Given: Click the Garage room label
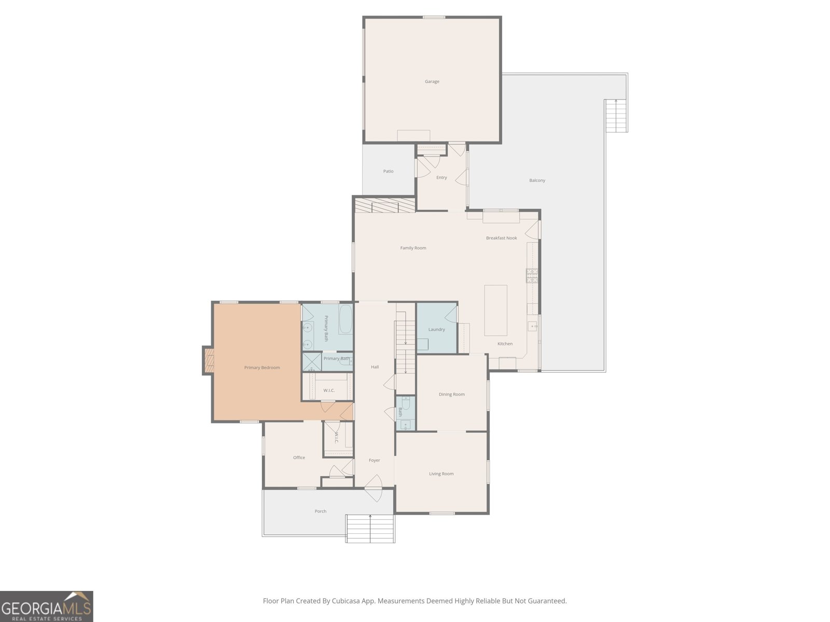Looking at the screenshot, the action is pyautogui.click(x=432, y=81).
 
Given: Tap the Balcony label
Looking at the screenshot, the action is pyautogui.click(x=537, y=180).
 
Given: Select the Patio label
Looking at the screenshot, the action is pyautogui.click(x=389, y=171).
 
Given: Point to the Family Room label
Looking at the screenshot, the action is pyautogui.click(x=413, y=248).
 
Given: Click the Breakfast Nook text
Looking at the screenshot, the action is pyautogui.click(x=502, y=238).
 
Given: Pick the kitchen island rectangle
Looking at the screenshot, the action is pyautogui.click(x=496, y=310).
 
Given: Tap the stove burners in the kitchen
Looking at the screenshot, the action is pyautogui.click(x=532, y=276).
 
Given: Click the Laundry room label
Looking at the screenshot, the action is pyautogui.click(x=436, y=329).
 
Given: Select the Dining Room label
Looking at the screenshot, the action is pyautogui.click(x=451, y=394).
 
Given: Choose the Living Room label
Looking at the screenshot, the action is pyautogui.click(x=441, y=474).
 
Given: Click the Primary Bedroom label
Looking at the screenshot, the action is pyautogui.click(x=262, y=367).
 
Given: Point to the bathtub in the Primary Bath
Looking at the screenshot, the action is pyautogui.click(x=345, y=319).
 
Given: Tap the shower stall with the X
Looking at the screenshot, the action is pyautogui.click(x=312, y=361).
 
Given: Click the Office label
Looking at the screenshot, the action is pyautogui.click(x=299, y=457).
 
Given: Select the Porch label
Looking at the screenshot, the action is pyautogui.click(x=320, y=511).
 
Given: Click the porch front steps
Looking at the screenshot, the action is pyautogui.click(x=370, y=528).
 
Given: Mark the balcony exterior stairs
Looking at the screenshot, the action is pyautogui.click(x=616, y=116).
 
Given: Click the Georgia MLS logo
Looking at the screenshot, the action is pyautogui.click(x=47, y=606).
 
